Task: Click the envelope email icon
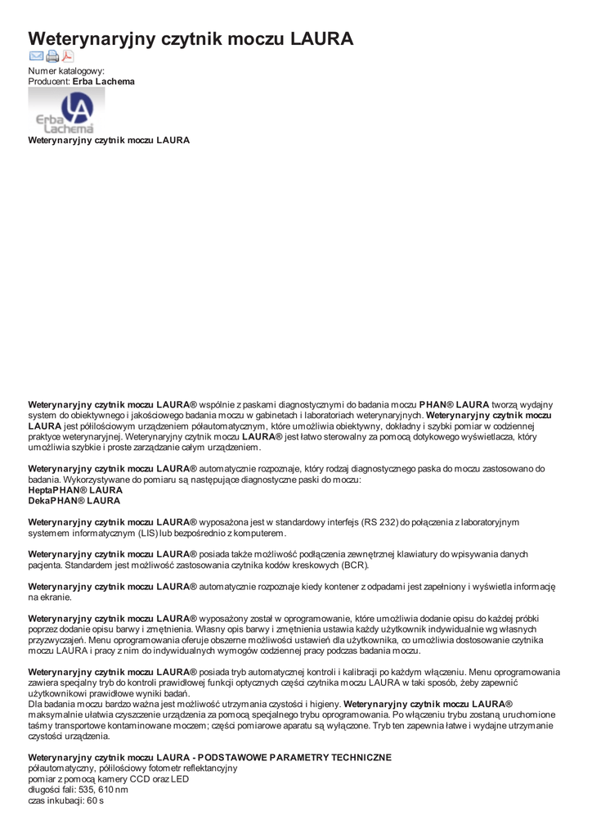36,56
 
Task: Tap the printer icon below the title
52,56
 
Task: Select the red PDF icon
67,56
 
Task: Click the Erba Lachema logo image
66,110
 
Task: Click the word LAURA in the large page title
322,38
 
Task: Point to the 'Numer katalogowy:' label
66,71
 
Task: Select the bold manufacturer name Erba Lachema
104,82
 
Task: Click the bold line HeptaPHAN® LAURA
75,490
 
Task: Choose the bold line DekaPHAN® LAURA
74,501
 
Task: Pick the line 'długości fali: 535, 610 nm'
78,790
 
